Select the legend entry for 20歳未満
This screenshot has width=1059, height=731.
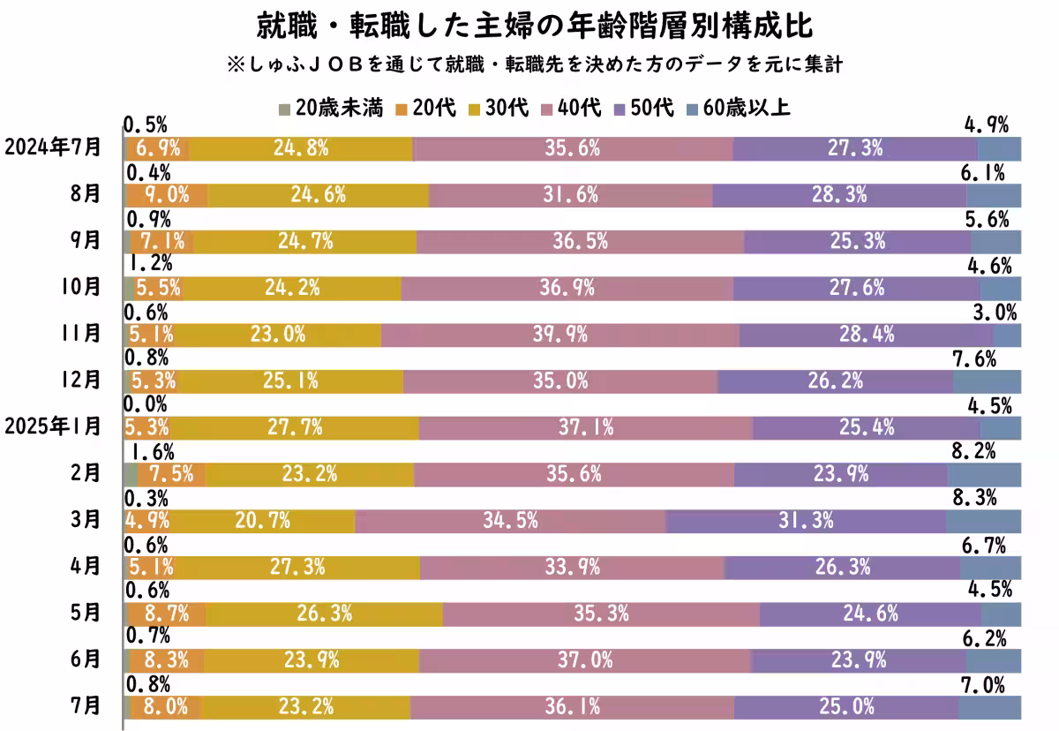pyautogui.click(x=330, y=109)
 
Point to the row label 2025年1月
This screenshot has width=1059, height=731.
pyautogui.click(x=53, y=427)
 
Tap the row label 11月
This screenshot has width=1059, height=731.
pyautogui.click(x=84, y=334)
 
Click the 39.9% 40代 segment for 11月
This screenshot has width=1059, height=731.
pyautogui.click(x=560, y=335)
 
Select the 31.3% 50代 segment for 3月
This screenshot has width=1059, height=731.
pyautogui.click(x=806, y=521)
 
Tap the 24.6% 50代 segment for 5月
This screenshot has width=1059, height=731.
pyautogui.click(x=869, y=614)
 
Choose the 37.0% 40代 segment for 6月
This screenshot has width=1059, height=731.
pyautogui.click(x=584, y=660)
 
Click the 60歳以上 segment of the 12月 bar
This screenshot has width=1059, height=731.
pyautogui.click(x=987, y=381)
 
